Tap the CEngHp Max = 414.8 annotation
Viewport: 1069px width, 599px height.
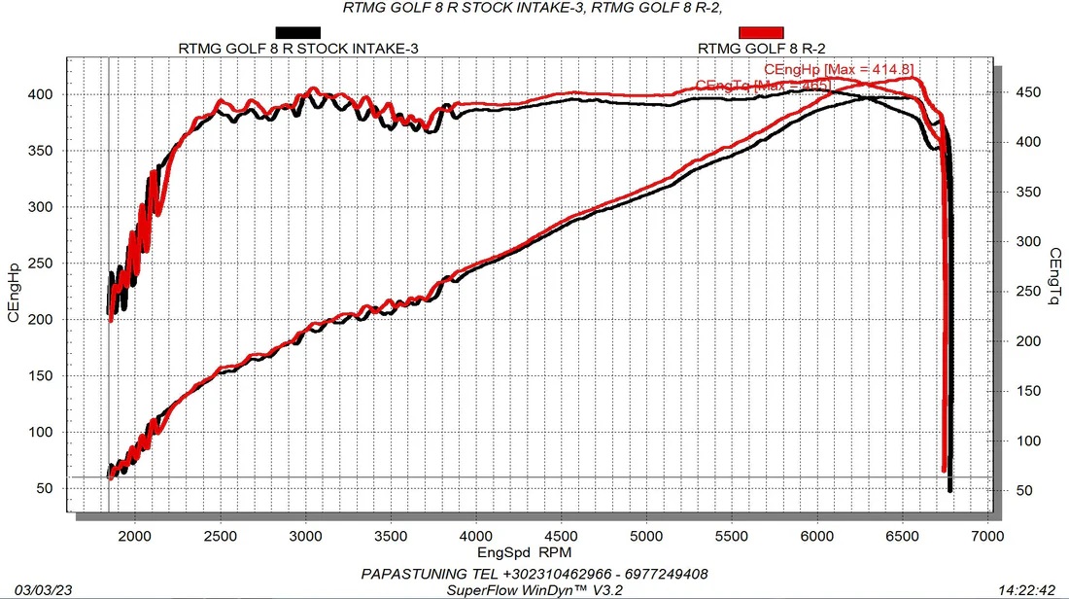click(839, 70)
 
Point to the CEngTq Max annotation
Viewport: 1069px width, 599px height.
click(764, 87)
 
